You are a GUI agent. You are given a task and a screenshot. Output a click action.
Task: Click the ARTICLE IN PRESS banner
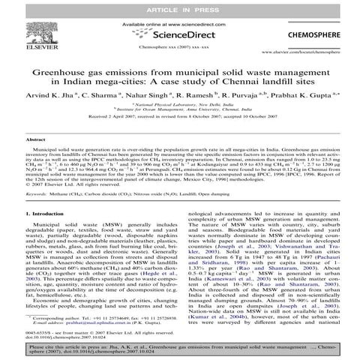click(x=179, y=7)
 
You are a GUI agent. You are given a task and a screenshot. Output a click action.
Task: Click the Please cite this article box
click(x=179, y=351)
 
